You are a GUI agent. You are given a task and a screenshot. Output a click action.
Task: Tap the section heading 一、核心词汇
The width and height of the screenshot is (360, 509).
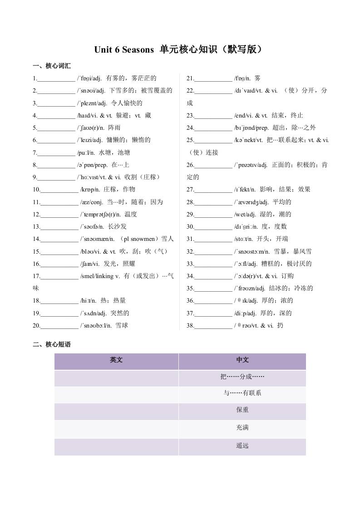pos(52,66)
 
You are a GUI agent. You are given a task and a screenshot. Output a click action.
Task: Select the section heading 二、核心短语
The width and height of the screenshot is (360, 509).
pos(52,344)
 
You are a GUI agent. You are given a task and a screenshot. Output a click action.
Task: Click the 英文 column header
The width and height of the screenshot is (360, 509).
pos(116,360)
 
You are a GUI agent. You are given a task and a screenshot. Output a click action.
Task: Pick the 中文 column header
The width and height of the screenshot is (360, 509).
pos(242,360)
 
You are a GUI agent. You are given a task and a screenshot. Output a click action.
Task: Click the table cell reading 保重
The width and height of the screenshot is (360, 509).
pos(242,410)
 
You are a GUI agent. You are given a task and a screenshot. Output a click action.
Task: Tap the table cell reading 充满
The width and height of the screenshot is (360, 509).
pos(242,427)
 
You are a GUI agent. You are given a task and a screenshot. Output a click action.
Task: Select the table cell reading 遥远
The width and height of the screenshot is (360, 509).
pos(242,445)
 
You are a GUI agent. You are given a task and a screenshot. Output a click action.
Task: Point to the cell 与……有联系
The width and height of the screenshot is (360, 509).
pos(242,393)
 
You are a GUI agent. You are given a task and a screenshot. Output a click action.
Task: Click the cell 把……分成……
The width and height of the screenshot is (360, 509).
pos(242,377)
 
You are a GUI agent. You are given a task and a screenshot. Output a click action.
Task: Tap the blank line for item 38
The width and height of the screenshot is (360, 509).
pos(213,326)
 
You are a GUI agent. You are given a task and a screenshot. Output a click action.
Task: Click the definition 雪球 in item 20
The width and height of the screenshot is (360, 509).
pos(122,325)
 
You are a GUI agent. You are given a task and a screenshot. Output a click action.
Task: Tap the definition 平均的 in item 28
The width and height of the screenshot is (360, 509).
pos(282,202)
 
